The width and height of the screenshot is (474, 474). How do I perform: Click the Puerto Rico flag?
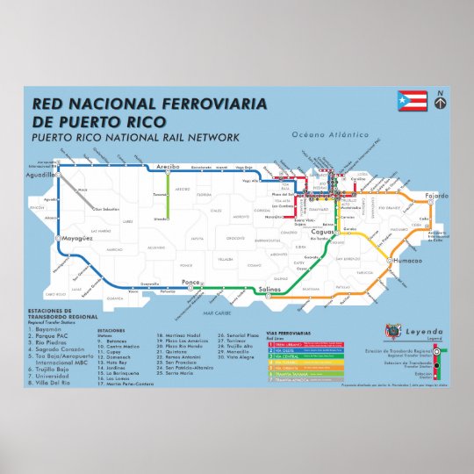pos(412,101)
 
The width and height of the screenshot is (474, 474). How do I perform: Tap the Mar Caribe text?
pos(215,312)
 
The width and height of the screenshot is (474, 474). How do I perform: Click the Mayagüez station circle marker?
pos(59,238)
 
